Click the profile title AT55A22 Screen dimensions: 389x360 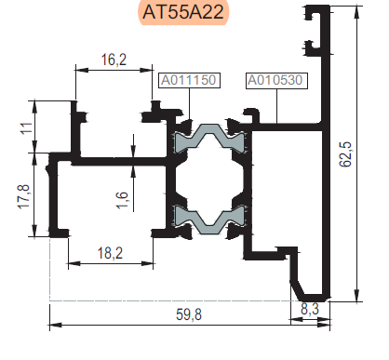(x=183, y=12)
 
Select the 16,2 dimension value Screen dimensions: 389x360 (x=114, y=60)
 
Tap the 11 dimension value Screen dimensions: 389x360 (x=26, y=128)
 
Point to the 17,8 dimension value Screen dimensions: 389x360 (x=24, y=196)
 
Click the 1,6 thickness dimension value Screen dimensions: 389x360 (x=122, y=200)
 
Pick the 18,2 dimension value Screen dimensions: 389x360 (x=110, y=253)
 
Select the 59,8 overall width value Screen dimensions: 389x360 (x=189, y=314)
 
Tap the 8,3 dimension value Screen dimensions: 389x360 (x=310, y=309)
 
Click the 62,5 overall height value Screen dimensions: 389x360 (x=345, y=154)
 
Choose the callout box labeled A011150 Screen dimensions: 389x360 (x=189, y=80)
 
